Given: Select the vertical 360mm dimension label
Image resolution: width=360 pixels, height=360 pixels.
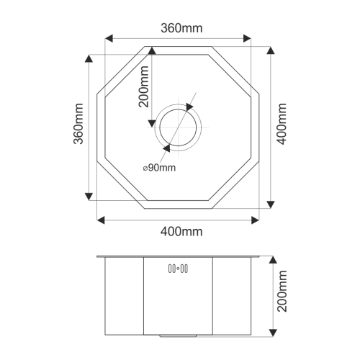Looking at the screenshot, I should (x=78, y=127).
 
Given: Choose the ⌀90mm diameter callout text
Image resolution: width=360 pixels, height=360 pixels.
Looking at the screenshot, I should (x=159, y=168).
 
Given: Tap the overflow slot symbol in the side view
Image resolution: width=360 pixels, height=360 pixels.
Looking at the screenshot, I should (x=178, y=269).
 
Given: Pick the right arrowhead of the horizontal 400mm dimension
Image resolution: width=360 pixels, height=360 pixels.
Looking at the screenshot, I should (x=258, y=219).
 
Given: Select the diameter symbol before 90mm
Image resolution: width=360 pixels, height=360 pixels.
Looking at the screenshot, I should (x=145, y=168).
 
